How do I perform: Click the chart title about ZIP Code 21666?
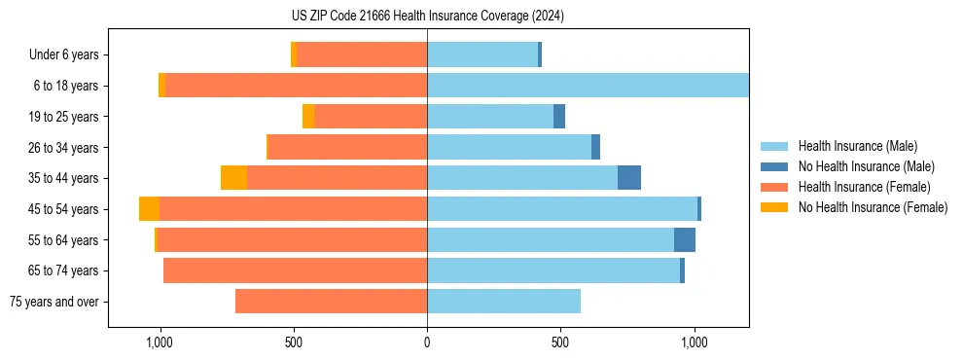427,17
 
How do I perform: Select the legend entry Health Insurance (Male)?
856,146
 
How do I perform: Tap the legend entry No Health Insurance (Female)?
873,207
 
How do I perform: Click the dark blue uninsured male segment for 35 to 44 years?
629,178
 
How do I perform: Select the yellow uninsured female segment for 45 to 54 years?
149,209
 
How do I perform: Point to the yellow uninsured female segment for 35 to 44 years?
233,178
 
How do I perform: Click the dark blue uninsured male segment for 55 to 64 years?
685,240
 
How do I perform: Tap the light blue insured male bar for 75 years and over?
504,302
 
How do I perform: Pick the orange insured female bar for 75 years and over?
331,302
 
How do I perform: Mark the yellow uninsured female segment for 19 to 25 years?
308,117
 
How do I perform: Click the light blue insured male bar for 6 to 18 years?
588,86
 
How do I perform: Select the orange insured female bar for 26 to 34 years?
347,147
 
